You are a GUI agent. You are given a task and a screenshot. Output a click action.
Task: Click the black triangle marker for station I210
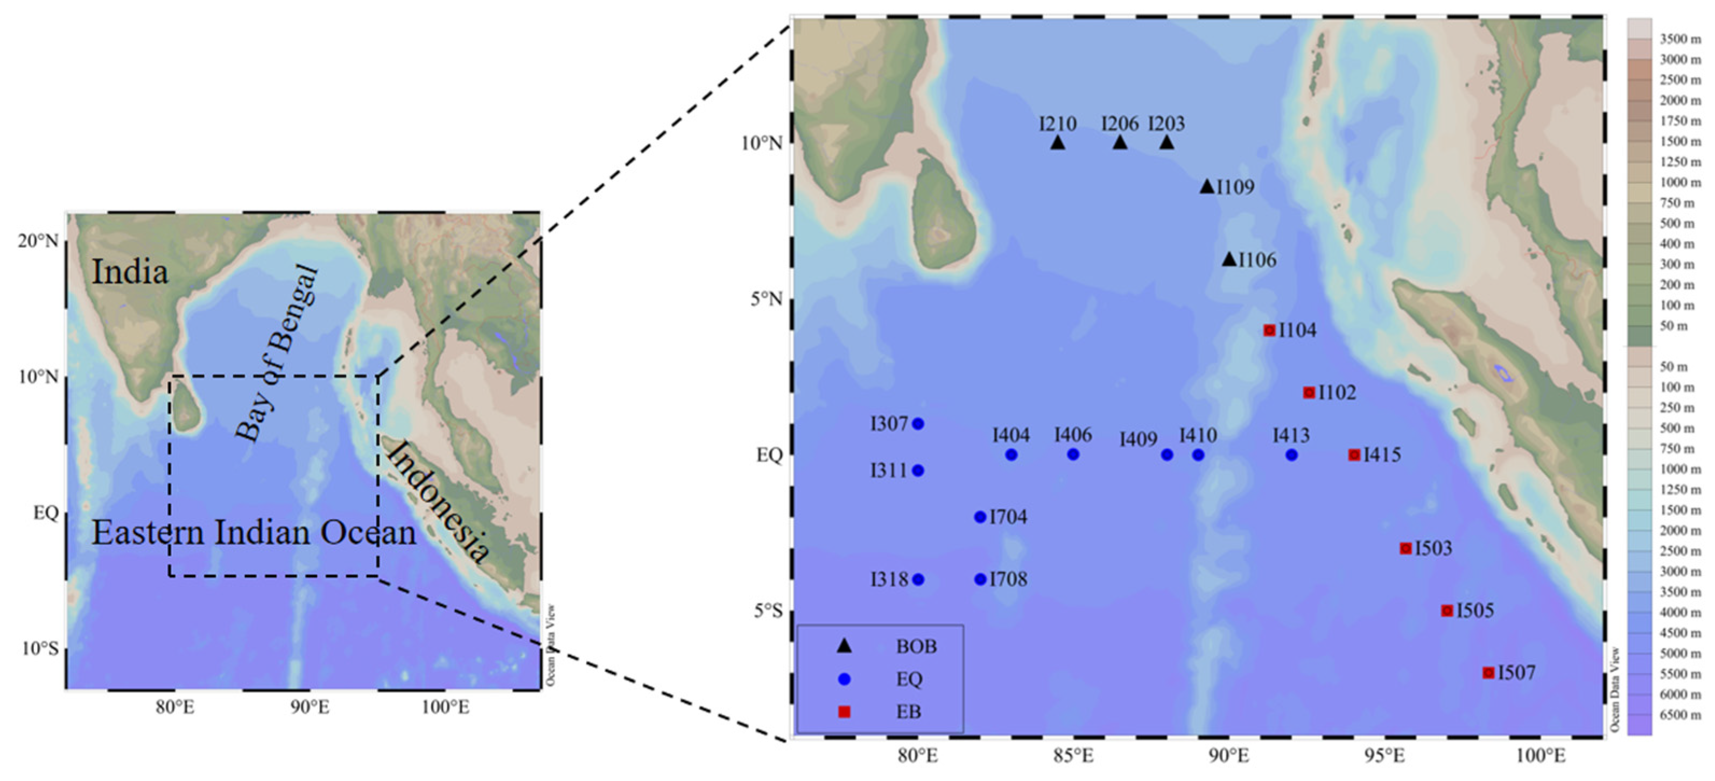click(x=1058, y=143)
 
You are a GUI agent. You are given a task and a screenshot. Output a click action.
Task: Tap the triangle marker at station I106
click(x=1229, y=259)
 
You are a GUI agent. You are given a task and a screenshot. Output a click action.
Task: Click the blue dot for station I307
click(x=918, y=424)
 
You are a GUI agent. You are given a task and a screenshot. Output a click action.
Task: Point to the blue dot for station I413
click(x=1291, y=455)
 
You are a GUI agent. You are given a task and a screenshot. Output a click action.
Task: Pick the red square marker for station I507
click(x=1488, y=672)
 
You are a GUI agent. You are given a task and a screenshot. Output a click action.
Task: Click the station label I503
click(x=1433, y=548)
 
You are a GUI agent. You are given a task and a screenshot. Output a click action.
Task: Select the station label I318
click(x=889, y=579)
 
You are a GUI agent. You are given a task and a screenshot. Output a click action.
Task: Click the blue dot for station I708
click(x=980, y=579)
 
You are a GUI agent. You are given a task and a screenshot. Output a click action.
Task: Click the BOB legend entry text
click(x=916, y=646)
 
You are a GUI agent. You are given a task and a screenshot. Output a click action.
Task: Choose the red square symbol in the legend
click(x=844, y=712)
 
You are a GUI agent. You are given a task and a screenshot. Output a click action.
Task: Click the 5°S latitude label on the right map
click(x=768, y=610)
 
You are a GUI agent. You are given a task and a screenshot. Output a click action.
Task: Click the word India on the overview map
click(x=129, y=272)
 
